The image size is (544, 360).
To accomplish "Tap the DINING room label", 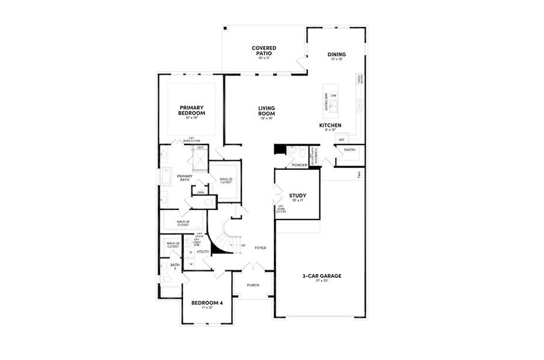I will (x=336, y=55).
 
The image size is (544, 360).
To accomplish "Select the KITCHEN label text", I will (x=330, y=125).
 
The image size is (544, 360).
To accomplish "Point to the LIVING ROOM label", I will (x=267, y=110).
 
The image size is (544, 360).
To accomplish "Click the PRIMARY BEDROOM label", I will (x=192, y=110).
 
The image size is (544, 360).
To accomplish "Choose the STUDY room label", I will (x=298, y=196).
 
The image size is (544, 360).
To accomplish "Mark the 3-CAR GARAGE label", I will (x=322, y=276).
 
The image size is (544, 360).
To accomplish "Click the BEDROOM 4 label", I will (x=207, y=303).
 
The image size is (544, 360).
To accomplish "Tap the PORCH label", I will (x=253, y=285).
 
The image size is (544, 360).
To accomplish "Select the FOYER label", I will (x=261, y=247).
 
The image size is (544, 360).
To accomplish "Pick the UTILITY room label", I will (x=202, y=252).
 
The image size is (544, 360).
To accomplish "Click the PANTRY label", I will (x=350, y=150).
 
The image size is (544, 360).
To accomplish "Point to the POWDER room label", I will (x=299, y=165).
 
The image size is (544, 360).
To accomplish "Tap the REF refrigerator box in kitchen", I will (x=341, y=140).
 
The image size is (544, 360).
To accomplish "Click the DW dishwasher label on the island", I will (x=333, y=95).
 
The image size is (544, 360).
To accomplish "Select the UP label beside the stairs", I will (x=243, y=245).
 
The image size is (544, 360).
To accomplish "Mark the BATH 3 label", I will (x=175, y=266).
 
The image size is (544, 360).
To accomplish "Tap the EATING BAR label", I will (x=326, y=102).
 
